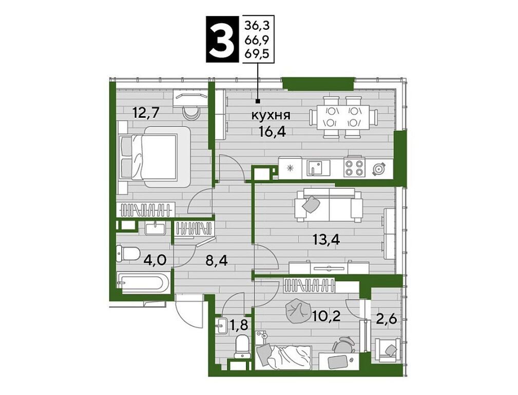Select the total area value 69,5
coord(256,53)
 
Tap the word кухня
coord(271,116)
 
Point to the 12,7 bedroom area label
coord(146,113)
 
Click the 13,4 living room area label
coord(327,239)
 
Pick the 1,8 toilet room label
coord(239,326)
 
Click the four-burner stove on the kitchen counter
coord(354,166)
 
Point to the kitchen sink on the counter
coord(318,167)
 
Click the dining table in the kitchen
coord(343,117)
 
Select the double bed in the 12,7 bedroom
coord(154,157)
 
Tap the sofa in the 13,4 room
coord(329,205)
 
